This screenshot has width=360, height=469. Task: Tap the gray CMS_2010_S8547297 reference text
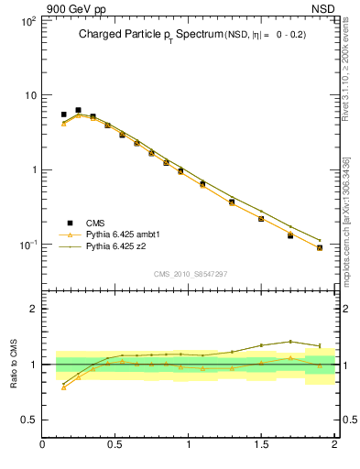(189, 274)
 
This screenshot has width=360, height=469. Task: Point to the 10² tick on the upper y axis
(27, 19)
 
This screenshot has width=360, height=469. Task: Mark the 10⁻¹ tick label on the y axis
(27, 245)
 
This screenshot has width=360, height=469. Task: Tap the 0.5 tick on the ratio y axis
(27, 420)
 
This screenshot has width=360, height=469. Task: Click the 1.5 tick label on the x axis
(261, 446)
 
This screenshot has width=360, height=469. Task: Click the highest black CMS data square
(78, 110)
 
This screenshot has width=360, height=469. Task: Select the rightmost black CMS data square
(320, 247)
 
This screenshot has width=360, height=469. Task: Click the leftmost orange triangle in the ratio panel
(63, 387)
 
